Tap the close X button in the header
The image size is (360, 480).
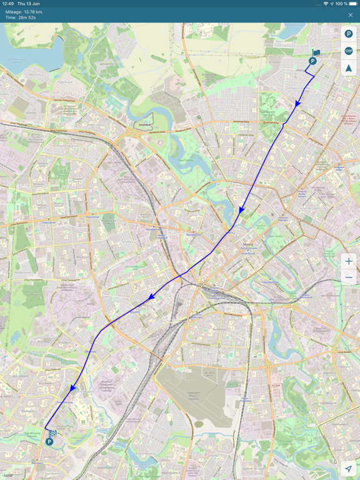point(350,15)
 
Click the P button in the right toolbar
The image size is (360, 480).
point(349,34)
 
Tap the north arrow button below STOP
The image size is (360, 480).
point(349,68)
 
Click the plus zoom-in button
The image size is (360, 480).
point(349,261)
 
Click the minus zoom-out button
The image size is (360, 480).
point(349,277)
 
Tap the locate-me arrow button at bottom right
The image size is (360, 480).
point(348,468)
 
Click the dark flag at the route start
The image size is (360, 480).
point(316,53)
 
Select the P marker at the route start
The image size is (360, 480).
point(312,61)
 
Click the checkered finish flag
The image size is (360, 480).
point(53,432)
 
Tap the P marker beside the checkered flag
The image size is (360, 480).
point(49,442)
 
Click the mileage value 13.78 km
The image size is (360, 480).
point(34,12)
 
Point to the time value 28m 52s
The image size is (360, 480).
point(29,17)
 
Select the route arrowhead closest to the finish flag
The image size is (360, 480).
point(73,388)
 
